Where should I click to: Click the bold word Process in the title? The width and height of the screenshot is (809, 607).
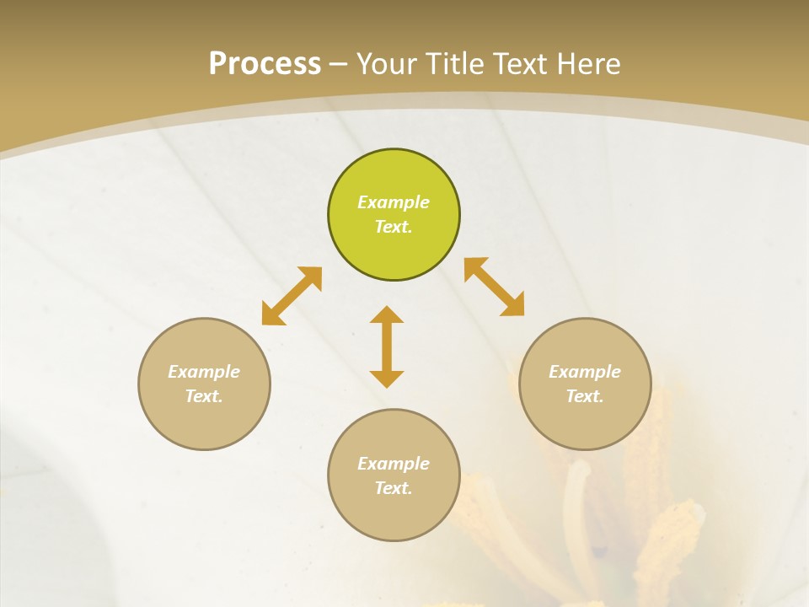[x=265, y=64]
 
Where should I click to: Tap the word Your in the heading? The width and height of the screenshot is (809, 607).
[x=388, y=64]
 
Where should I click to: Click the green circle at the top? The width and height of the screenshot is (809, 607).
[x=394, y=253]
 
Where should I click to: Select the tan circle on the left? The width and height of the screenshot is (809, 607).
[x=204, y=422]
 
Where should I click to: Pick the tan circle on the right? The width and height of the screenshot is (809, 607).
[x=585, y=422]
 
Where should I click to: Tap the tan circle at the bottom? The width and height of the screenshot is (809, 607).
[x=394, y=514]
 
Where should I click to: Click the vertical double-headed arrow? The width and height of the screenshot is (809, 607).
[x=387, y=346]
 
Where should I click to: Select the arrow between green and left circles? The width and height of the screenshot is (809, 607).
[x=292, y=296]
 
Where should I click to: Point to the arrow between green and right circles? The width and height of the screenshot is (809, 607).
[x=495, y=287]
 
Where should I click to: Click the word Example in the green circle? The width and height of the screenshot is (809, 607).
[x=394, y=202]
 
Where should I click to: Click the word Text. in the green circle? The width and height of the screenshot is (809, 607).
[x=394, y=227]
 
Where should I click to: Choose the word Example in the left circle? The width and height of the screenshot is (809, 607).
[x=204, y=372]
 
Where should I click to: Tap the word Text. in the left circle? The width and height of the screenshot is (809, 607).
[x=204, y=396]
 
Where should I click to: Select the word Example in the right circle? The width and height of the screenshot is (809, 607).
[x=585, y=372]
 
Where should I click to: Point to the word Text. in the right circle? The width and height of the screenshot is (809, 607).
[x=585, y=396]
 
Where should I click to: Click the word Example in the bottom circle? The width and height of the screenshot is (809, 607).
[x=394, y=464]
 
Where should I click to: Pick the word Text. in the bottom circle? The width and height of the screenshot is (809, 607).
[x=394, y=488]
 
